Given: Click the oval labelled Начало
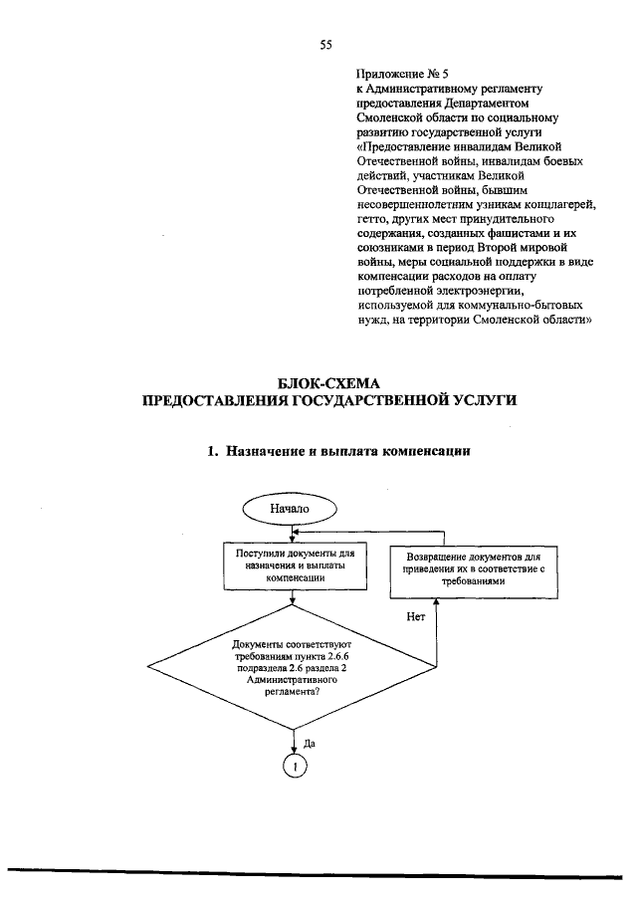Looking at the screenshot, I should [x=290, y=509].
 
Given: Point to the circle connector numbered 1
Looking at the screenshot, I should [x=295, y=766].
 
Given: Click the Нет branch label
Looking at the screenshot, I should [x=416, y=616].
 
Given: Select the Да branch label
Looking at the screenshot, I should [x=309, y=743].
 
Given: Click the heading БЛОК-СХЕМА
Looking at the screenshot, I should [x=327, y=382].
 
